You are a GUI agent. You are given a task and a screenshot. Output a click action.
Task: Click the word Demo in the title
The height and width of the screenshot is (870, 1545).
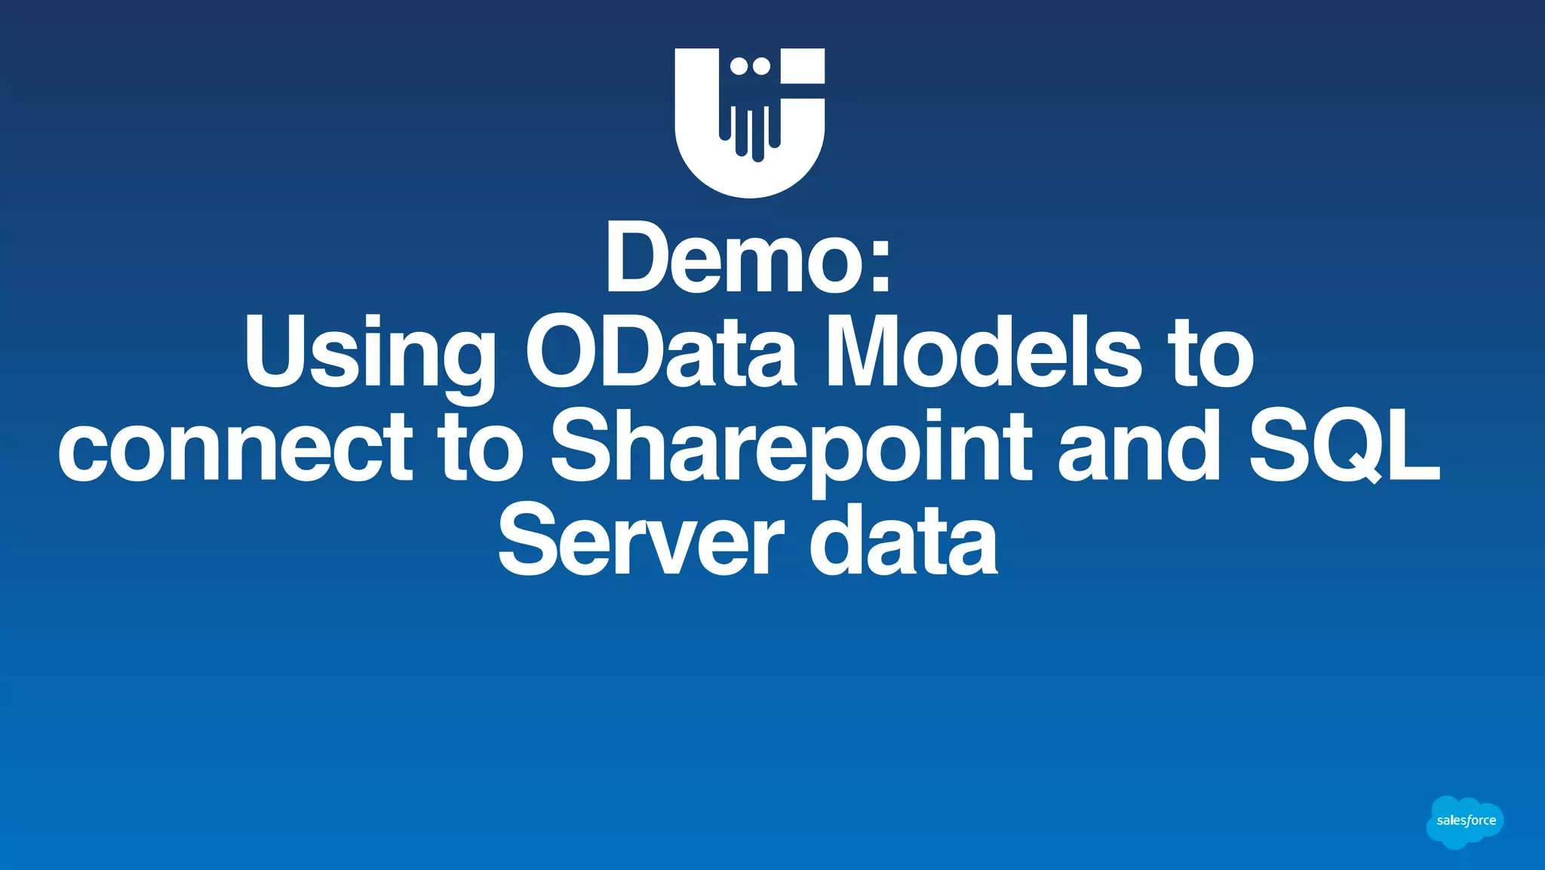click(x=736, y=258)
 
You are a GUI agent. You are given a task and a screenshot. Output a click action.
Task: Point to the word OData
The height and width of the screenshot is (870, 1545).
click(x=660, y=352)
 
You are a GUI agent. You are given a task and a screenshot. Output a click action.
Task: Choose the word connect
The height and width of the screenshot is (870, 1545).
click(x=235, y=446)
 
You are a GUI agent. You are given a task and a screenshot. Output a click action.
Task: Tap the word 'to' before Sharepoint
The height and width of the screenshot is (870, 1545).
click(x=481, y=446)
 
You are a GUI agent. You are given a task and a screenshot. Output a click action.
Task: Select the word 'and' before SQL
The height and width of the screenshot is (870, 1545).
click(x=1139, y=446)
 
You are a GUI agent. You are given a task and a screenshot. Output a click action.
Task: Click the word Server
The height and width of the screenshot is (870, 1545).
click(x=641, y=540)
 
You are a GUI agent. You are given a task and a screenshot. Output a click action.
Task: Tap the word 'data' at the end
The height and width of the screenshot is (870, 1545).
click(x=904, y=540)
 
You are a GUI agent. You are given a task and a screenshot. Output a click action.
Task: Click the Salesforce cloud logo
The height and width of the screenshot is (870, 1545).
click(x=1465, y=822)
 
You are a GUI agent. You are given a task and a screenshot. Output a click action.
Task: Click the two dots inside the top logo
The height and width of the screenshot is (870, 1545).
click(x=751, y=66)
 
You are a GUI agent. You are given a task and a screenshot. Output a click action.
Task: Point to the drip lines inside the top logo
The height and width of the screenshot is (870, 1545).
click(x=750, y=132)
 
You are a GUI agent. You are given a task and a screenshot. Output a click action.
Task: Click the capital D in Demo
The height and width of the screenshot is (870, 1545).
click(x=637, y=258)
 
